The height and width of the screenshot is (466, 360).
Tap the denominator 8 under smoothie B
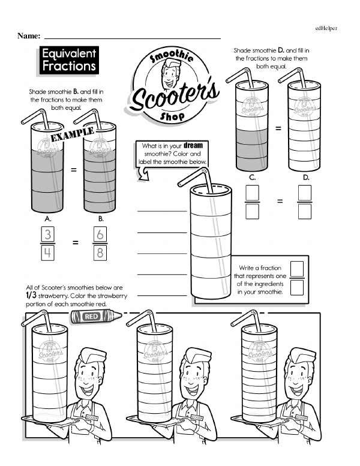(x=101, y=253)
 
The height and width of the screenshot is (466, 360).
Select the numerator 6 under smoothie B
(x=101, y=233)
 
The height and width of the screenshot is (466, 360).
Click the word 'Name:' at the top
(x=29, y=36)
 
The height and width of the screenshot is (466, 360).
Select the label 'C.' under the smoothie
(x=253, y=178)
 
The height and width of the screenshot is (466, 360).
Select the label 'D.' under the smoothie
(x=305, y=178)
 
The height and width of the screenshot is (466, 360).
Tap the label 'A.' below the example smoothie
(x=48, y=219)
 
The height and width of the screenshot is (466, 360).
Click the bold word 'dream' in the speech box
(x=194, y=145)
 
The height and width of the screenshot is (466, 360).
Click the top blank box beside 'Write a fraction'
(x=298, y=268)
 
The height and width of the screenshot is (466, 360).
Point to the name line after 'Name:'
(x=132, y=38)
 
